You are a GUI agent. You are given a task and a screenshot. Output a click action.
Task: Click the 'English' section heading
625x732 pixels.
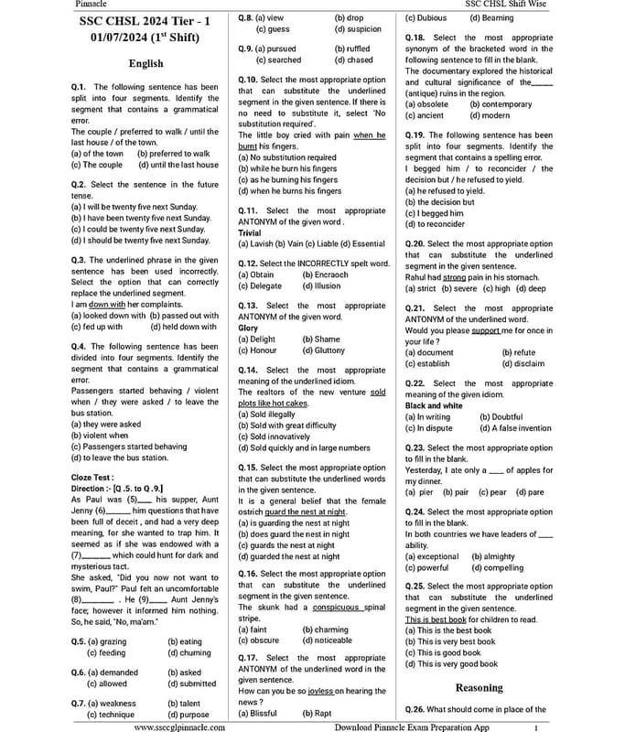click(145, 63)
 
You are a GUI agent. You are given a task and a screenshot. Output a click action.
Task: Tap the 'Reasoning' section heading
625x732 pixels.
click(479, 687)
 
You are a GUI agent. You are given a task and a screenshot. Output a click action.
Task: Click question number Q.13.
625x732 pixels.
click(250, 306)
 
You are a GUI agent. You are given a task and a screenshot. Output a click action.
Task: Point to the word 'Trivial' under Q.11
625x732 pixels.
click(249, 233)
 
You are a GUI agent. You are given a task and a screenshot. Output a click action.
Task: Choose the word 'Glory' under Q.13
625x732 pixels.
click(248, 328)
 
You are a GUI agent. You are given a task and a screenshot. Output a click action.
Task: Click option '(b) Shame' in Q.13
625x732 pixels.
click(321, 339)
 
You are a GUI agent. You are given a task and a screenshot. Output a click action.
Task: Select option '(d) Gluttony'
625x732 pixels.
click(324, 350)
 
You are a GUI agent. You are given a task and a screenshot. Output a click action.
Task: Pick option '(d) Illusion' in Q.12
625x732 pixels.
click(321, 285)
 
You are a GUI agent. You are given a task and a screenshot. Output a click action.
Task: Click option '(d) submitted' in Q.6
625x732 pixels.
click(192, 684)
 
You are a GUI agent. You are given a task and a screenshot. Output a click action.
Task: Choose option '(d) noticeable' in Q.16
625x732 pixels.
click(327, 640)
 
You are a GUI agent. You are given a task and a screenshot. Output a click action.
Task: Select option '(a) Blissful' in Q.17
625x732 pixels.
click(257, 713)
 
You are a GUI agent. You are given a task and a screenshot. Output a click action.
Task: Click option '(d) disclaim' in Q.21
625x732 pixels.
click(523, 363)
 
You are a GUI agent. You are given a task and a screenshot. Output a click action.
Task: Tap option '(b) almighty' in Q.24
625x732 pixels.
click(493, 556)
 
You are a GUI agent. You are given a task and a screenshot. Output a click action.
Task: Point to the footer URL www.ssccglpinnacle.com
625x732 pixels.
click(180, 727)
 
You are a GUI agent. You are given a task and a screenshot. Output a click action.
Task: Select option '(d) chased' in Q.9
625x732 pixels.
click(353, 60)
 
